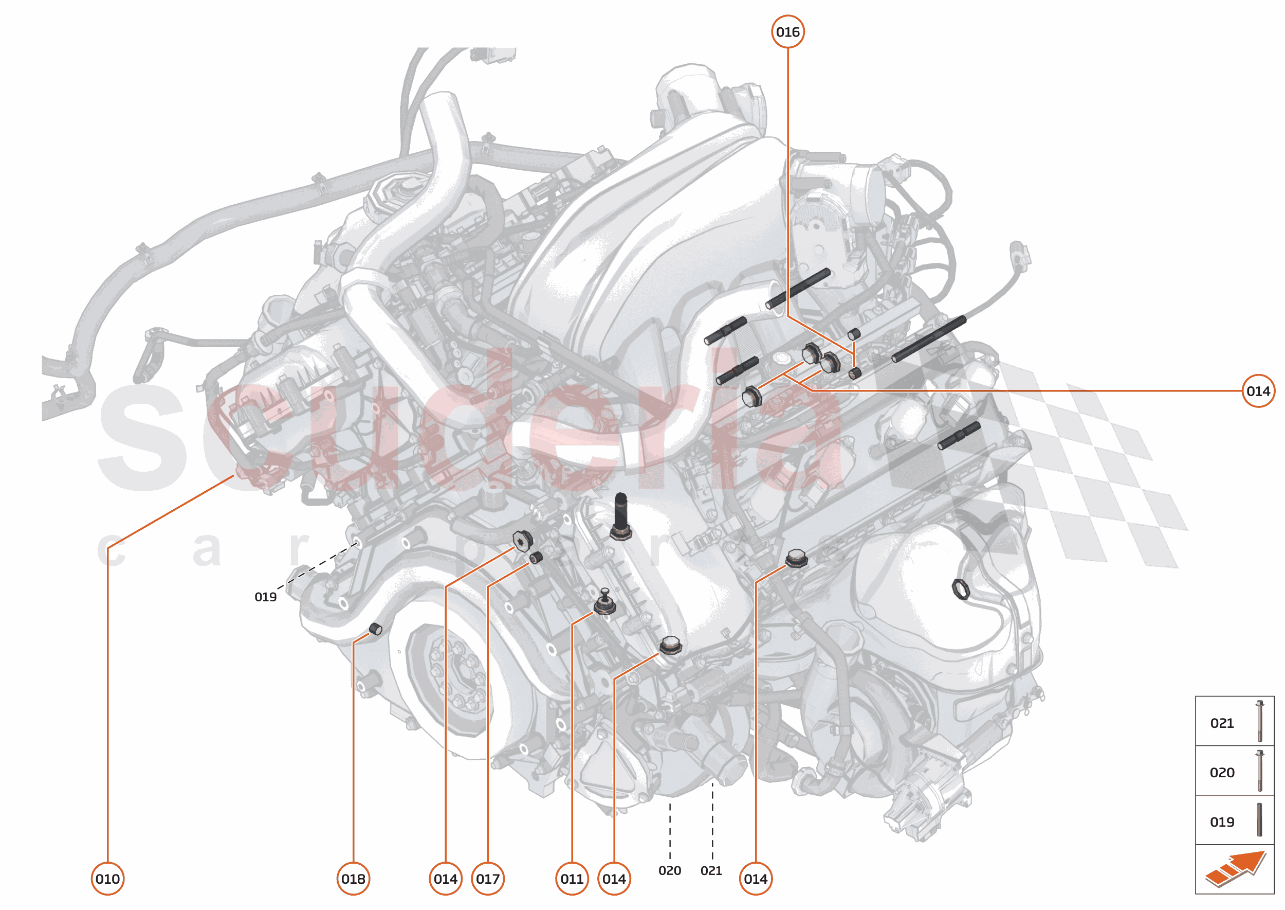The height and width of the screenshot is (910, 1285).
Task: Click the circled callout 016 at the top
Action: (x=787, y=32)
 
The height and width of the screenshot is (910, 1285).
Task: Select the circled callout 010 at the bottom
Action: (x=107, y=879)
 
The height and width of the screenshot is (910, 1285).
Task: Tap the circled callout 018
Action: (x=353, y=879)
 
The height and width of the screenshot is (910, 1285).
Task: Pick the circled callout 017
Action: (x=488, y=879)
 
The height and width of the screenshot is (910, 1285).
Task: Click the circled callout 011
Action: (x=572, y=879)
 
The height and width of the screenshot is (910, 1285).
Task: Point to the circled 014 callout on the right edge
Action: (x=1258, y=391)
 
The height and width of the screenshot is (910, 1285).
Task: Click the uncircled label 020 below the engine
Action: (x=670, y=871)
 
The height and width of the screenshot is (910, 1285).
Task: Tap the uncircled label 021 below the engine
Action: (x=711, y=871)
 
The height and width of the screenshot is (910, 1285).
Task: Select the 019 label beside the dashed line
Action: (x=265, y=597)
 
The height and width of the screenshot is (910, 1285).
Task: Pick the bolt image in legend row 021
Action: (x=1260, y=721)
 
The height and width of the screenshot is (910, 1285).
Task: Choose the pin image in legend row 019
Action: (x=1259, y=820)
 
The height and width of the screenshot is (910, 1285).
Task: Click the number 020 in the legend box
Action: (x=1222, y=773)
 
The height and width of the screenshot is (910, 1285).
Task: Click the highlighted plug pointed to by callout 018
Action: (x=376, y=629)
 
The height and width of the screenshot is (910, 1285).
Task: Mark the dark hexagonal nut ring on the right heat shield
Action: (x=961, y=589)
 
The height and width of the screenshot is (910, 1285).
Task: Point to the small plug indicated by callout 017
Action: (x=536, y=558)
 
